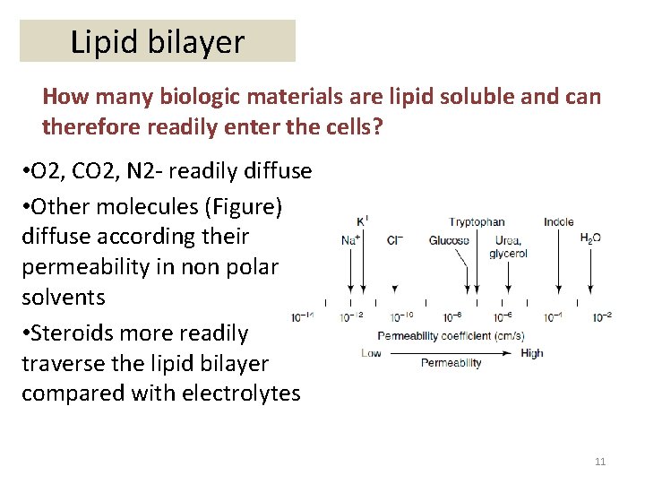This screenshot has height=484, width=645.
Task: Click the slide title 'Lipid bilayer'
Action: pyautogui.click(x=157, y=41)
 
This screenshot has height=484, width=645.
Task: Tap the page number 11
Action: pyautogui.click(x=600, y=462)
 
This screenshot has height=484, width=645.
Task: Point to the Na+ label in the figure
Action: pyautogui.click(x=351, y=240)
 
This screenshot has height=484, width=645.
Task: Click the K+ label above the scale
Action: pyautogui.click(x=362, y=220)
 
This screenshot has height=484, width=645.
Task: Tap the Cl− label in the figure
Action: pyautogui.click(x=395, y=240)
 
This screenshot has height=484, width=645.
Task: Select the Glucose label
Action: pyautogui.click(x=449, y=240)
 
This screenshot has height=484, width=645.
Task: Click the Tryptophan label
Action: pyautogui.click(x=477, y=221)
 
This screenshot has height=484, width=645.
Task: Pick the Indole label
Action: pyautogui.click(x=558, y=221)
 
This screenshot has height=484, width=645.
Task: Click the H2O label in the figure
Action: pyautogui.click(x=590, y=239)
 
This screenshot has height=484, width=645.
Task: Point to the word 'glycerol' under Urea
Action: pyautogui.click(x=508, y=254)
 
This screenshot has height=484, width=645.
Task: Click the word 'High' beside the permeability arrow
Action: pyautogui.click(x=531, y=353)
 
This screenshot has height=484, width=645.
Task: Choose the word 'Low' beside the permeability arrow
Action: pyautogui.click(x=371, y=353)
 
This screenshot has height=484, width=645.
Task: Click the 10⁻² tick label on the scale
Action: pyautogui.click(x=602, y=317)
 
